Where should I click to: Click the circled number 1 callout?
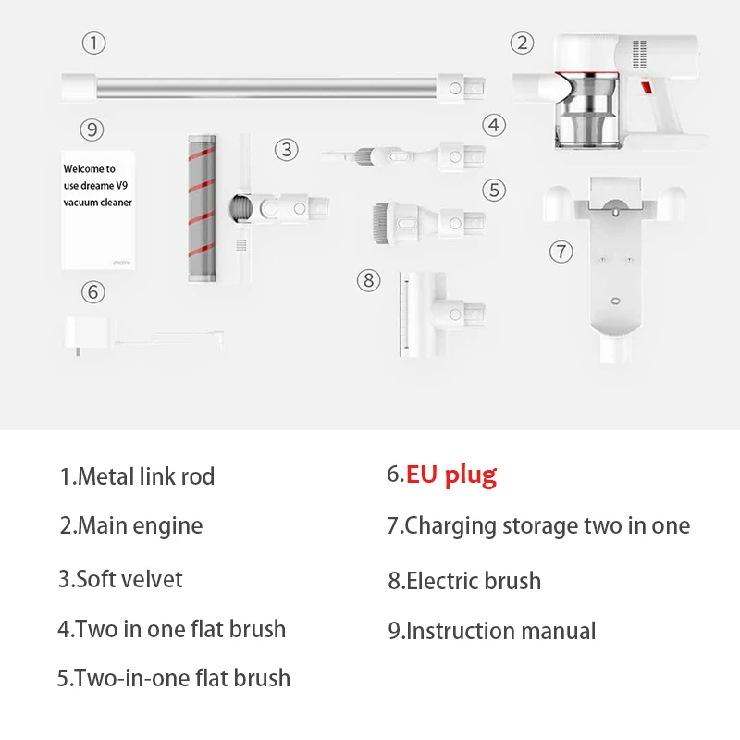[x=93, y=43]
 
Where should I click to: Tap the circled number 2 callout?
[x=524, y=43]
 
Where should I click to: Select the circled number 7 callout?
[x=561, y=252]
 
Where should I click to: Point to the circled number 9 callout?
[x=91, y=129]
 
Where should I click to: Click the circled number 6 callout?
[x=92, y=292]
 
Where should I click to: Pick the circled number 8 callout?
[x=369, y=279]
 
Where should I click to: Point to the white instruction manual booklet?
[x=98, y=209]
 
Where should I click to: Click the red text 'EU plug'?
[x=451, y=475]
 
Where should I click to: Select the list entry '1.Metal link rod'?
[x=137, y=477]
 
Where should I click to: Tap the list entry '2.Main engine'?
[x=131, y=526]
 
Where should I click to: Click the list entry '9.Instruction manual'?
[x=492, y=631]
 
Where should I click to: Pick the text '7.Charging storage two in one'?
[x=538, y=526]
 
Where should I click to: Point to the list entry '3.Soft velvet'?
[x=120, y=579]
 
